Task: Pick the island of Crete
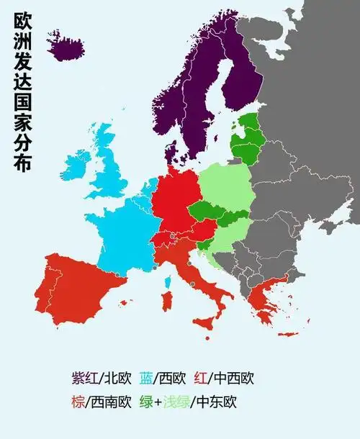(x=287, y=334)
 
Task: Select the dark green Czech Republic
(x=207, y=210)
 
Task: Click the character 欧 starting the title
(x=22, y=24)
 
